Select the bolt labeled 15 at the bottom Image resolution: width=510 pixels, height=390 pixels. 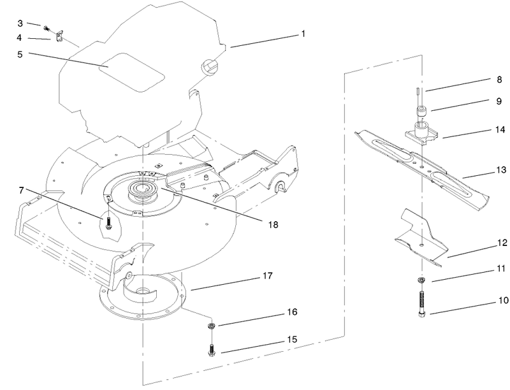211,349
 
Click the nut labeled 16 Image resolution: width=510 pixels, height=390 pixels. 211,327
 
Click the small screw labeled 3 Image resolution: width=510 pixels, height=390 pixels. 47,27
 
